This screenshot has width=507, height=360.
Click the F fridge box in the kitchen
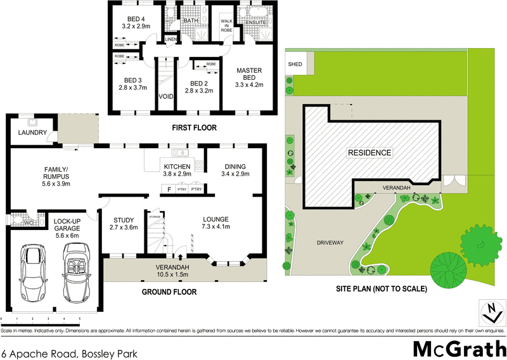point(169,190)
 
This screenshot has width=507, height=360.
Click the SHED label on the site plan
point(295,65)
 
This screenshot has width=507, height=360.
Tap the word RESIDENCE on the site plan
point(369,153)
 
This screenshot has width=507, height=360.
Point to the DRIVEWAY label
point(330,243)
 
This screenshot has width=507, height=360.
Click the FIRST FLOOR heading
point(195,128)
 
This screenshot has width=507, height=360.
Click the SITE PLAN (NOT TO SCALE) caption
point(382,288)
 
